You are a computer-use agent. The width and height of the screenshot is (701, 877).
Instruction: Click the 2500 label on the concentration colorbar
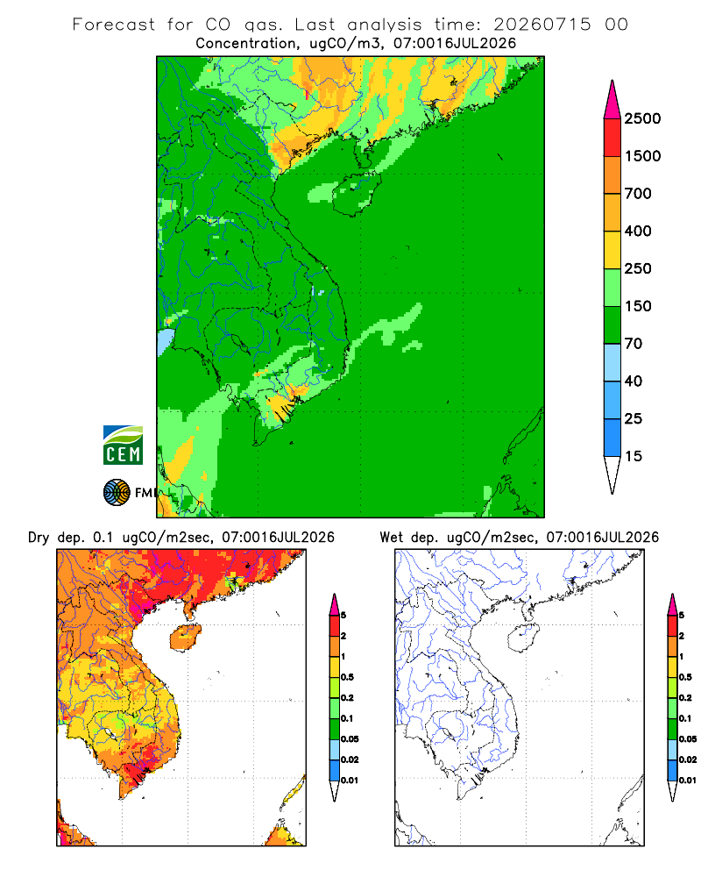pos(642,118)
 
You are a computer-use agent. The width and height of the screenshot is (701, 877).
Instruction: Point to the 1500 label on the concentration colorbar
pos(642,156)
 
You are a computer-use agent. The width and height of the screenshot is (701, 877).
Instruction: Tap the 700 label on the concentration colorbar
pos(638,194)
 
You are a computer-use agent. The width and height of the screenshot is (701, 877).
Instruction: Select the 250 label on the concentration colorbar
pos(638,268)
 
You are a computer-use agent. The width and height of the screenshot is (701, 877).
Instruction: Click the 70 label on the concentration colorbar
pos(634,344)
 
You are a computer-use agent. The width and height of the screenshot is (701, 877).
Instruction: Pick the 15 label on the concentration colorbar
pos(634,456)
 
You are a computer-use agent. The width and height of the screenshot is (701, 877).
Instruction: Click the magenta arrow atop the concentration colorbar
pos(612,100)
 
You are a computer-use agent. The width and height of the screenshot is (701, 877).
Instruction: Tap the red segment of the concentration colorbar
pos(612,138)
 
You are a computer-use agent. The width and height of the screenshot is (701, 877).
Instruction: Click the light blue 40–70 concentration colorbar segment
pos(612,362)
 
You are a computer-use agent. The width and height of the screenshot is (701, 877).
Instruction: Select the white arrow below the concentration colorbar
pos(612,474)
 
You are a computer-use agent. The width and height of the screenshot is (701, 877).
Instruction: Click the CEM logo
pos(123,446)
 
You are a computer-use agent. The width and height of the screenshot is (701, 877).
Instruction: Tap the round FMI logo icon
pos(117,493)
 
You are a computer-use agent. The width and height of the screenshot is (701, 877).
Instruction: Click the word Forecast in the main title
pos(114,25)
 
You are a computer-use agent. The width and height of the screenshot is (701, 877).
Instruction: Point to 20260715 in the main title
pos(542,25)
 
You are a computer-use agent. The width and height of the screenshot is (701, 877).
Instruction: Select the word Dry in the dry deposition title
pos(39,538)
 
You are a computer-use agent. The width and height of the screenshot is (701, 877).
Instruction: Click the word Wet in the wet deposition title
pos(391,538)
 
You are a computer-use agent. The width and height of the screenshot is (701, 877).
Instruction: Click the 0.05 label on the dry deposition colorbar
pos(350,739)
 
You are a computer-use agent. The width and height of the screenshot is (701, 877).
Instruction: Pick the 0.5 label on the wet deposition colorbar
pos(685,677)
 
